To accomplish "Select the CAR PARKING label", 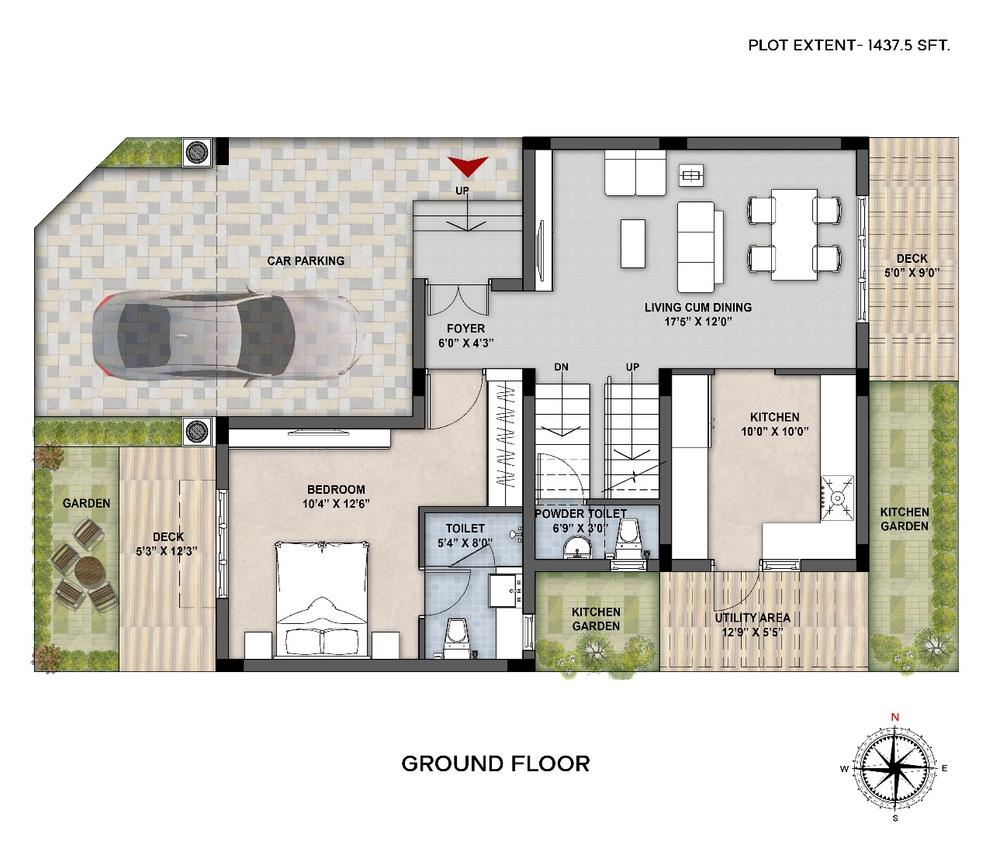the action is coord(306,260).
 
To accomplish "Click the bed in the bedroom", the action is coord(323,599).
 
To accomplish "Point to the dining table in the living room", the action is coord(794,234).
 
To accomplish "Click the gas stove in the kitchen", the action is coord(837,498).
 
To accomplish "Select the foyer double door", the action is coord(458,299).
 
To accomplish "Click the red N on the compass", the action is coord(895,717).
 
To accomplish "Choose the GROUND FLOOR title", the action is coord(495,763).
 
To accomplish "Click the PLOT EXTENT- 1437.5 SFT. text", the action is coord(849,46).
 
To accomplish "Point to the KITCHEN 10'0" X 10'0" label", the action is coord(774,424).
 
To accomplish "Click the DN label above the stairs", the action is coord(561,367).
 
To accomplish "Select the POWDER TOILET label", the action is coord(581,514).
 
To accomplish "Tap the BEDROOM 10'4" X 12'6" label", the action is coord(336,496).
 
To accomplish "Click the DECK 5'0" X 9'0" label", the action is coord(912,265).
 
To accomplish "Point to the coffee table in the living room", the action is coord(633,243).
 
